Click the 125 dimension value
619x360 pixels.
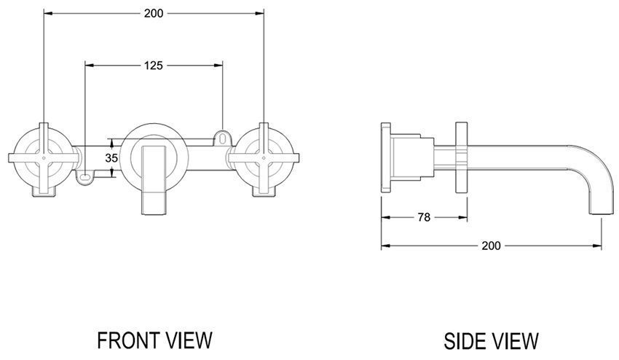[153, 65]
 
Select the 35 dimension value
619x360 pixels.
[111, 157]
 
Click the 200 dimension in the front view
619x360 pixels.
[154, 12]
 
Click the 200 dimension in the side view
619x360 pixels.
[491, 246]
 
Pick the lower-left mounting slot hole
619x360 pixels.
[85, 176]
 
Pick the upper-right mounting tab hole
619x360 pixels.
[221, 136]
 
